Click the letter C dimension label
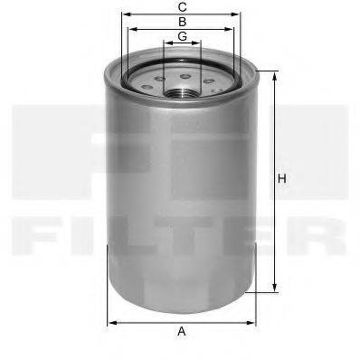point(183,7)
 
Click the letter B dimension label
point(183,21)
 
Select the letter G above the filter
point(183,36)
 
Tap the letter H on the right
point(282,179)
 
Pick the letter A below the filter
point(182,331)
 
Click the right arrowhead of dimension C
point(244,14)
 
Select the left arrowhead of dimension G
point(166,43)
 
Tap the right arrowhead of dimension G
point(200,43)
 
